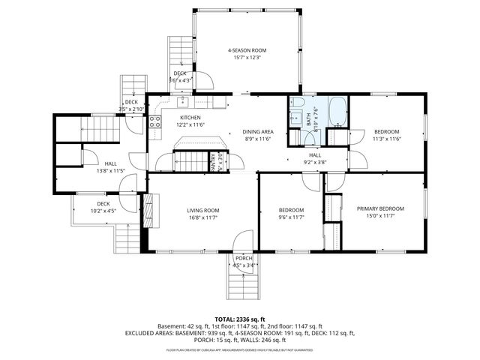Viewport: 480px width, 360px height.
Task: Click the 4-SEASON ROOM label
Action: click(247, 50)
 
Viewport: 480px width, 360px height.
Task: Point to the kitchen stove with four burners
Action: click(154, 122)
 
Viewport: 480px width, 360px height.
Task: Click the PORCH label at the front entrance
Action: click(244, 258)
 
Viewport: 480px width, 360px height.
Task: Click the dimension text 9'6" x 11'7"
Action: click(291, 217)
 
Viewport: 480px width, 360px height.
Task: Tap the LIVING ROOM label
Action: click(202, 210)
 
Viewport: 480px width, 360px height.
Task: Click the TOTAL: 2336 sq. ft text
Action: click(239, 319)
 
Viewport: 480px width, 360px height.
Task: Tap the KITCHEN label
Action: click(190, 118)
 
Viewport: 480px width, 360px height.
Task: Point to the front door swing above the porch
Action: click(242, 241)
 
